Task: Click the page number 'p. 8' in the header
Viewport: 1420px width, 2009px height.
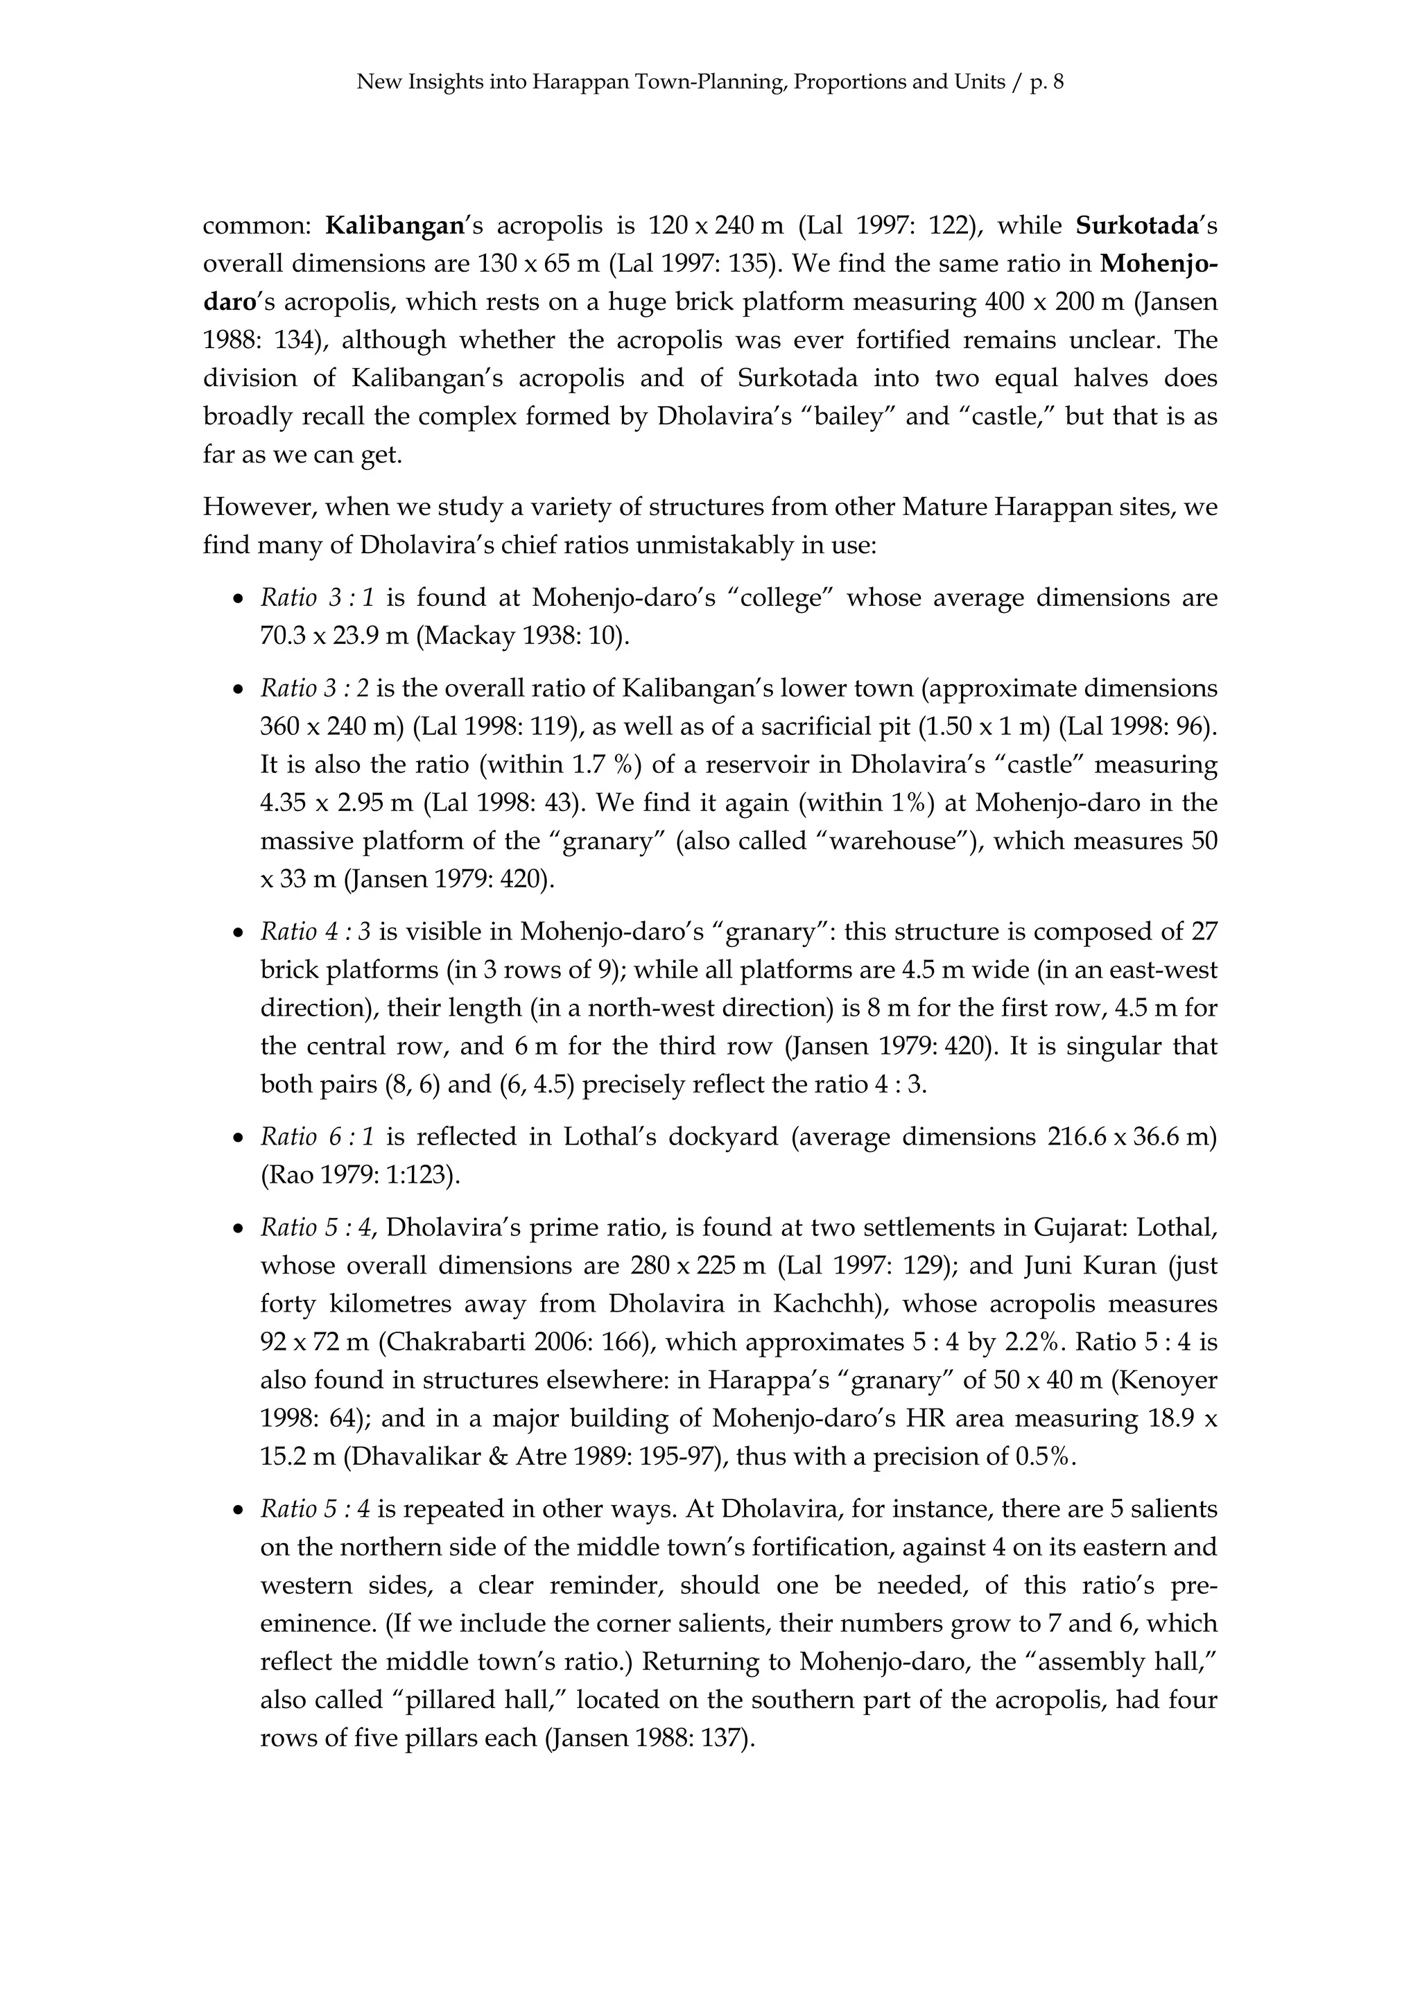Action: click(x=1046, y=83)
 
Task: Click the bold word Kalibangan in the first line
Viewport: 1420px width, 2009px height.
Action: click(x=393, y=226)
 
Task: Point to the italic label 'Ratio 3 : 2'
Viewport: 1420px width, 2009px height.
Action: click(x=314, y=688)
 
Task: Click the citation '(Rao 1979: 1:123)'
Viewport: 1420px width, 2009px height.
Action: click(x=361, y=1175)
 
